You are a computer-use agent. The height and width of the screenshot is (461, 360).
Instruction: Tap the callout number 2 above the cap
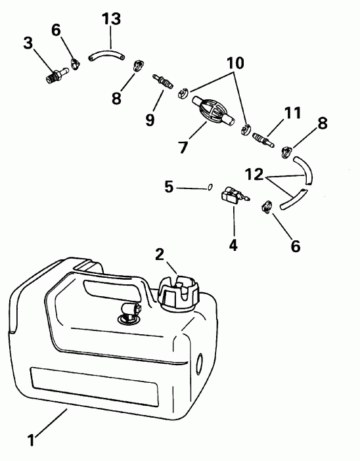click(158, 255)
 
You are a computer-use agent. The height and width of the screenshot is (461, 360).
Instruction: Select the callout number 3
click(28, 44)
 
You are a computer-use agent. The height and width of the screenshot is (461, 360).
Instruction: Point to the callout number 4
click(233, 246)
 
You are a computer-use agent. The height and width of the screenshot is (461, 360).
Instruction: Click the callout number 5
click(168, 187)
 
